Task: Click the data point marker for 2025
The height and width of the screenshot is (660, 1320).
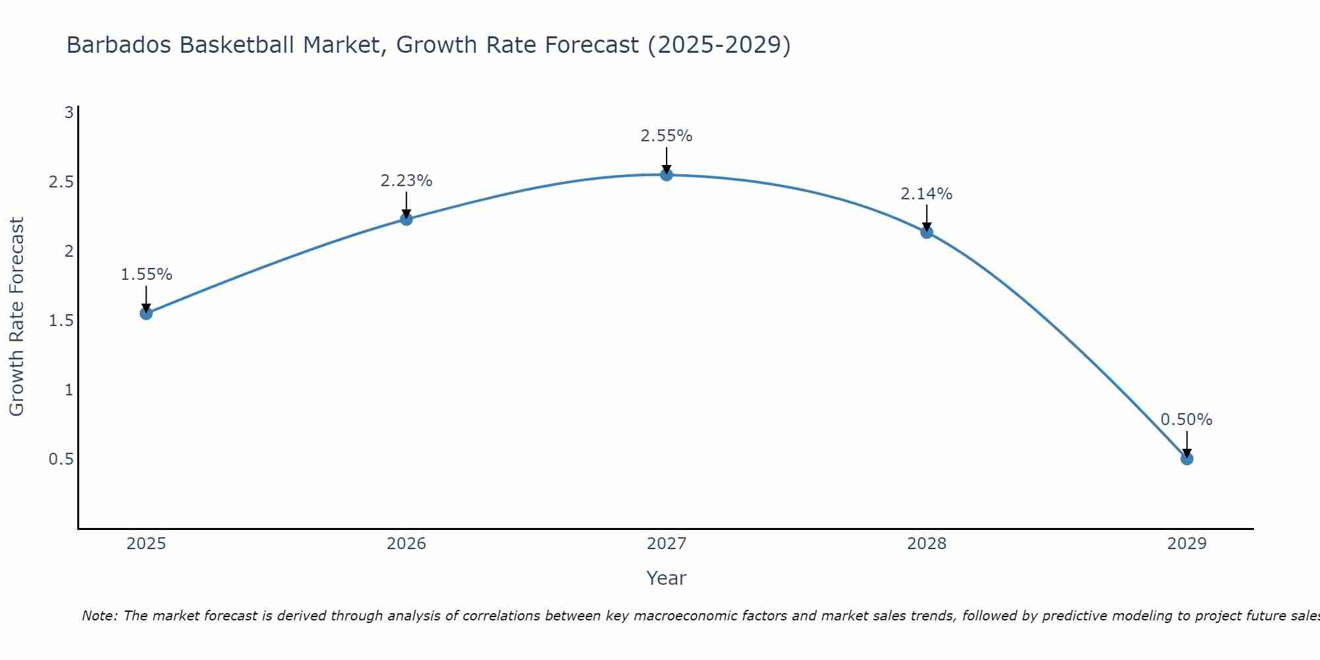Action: tap(147, 313)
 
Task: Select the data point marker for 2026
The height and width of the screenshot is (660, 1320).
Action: tap(407, 219)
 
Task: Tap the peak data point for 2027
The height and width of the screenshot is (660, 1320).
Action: tap(667, 175)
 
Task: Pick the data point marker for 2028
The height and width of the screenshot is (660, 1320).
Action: tap(927, 232)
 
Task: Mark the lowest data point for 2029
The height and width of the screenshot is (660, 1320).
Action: tap(1187, 459)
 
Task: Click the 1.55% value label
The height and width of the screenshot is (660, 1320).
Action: tap(147, 275)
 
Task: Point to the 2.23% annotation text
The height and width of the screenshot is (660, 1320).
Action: tap(407, 181)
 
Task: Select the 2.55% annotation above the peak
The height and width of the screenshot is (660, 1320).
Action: tap(667, 136)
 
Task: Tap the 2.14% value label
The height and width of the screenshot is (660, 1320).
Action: tap(927, 194)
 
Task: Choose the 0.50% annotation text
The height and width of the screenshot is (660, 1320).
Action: tap(1187, 420)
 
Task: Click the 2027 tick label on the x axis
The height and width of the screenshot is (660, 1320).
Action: tap(667, 544)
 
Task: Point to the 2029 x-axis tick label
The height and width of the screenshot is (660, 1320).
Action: tap(1187, 544)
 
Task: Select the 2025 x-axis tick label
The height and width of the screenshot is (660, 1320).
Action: tap(147, 544)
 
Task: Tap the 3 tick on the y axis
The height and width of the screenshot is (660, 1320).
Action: tap(69, 113)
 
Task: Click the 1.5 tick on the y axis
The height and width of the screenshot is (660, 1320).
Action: tap(61, 321)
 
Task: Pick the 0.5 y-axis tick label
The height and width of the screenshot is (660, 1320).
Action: tap(61, 459)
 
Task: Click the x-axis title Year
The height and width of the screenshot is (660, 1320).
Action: tap(667, 578)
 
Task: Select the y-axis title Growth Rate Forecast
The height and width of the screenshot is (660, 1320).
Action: tap(16, 317)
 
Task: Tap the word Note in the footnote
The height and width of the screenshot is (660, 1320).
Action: tap(99, 616)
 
